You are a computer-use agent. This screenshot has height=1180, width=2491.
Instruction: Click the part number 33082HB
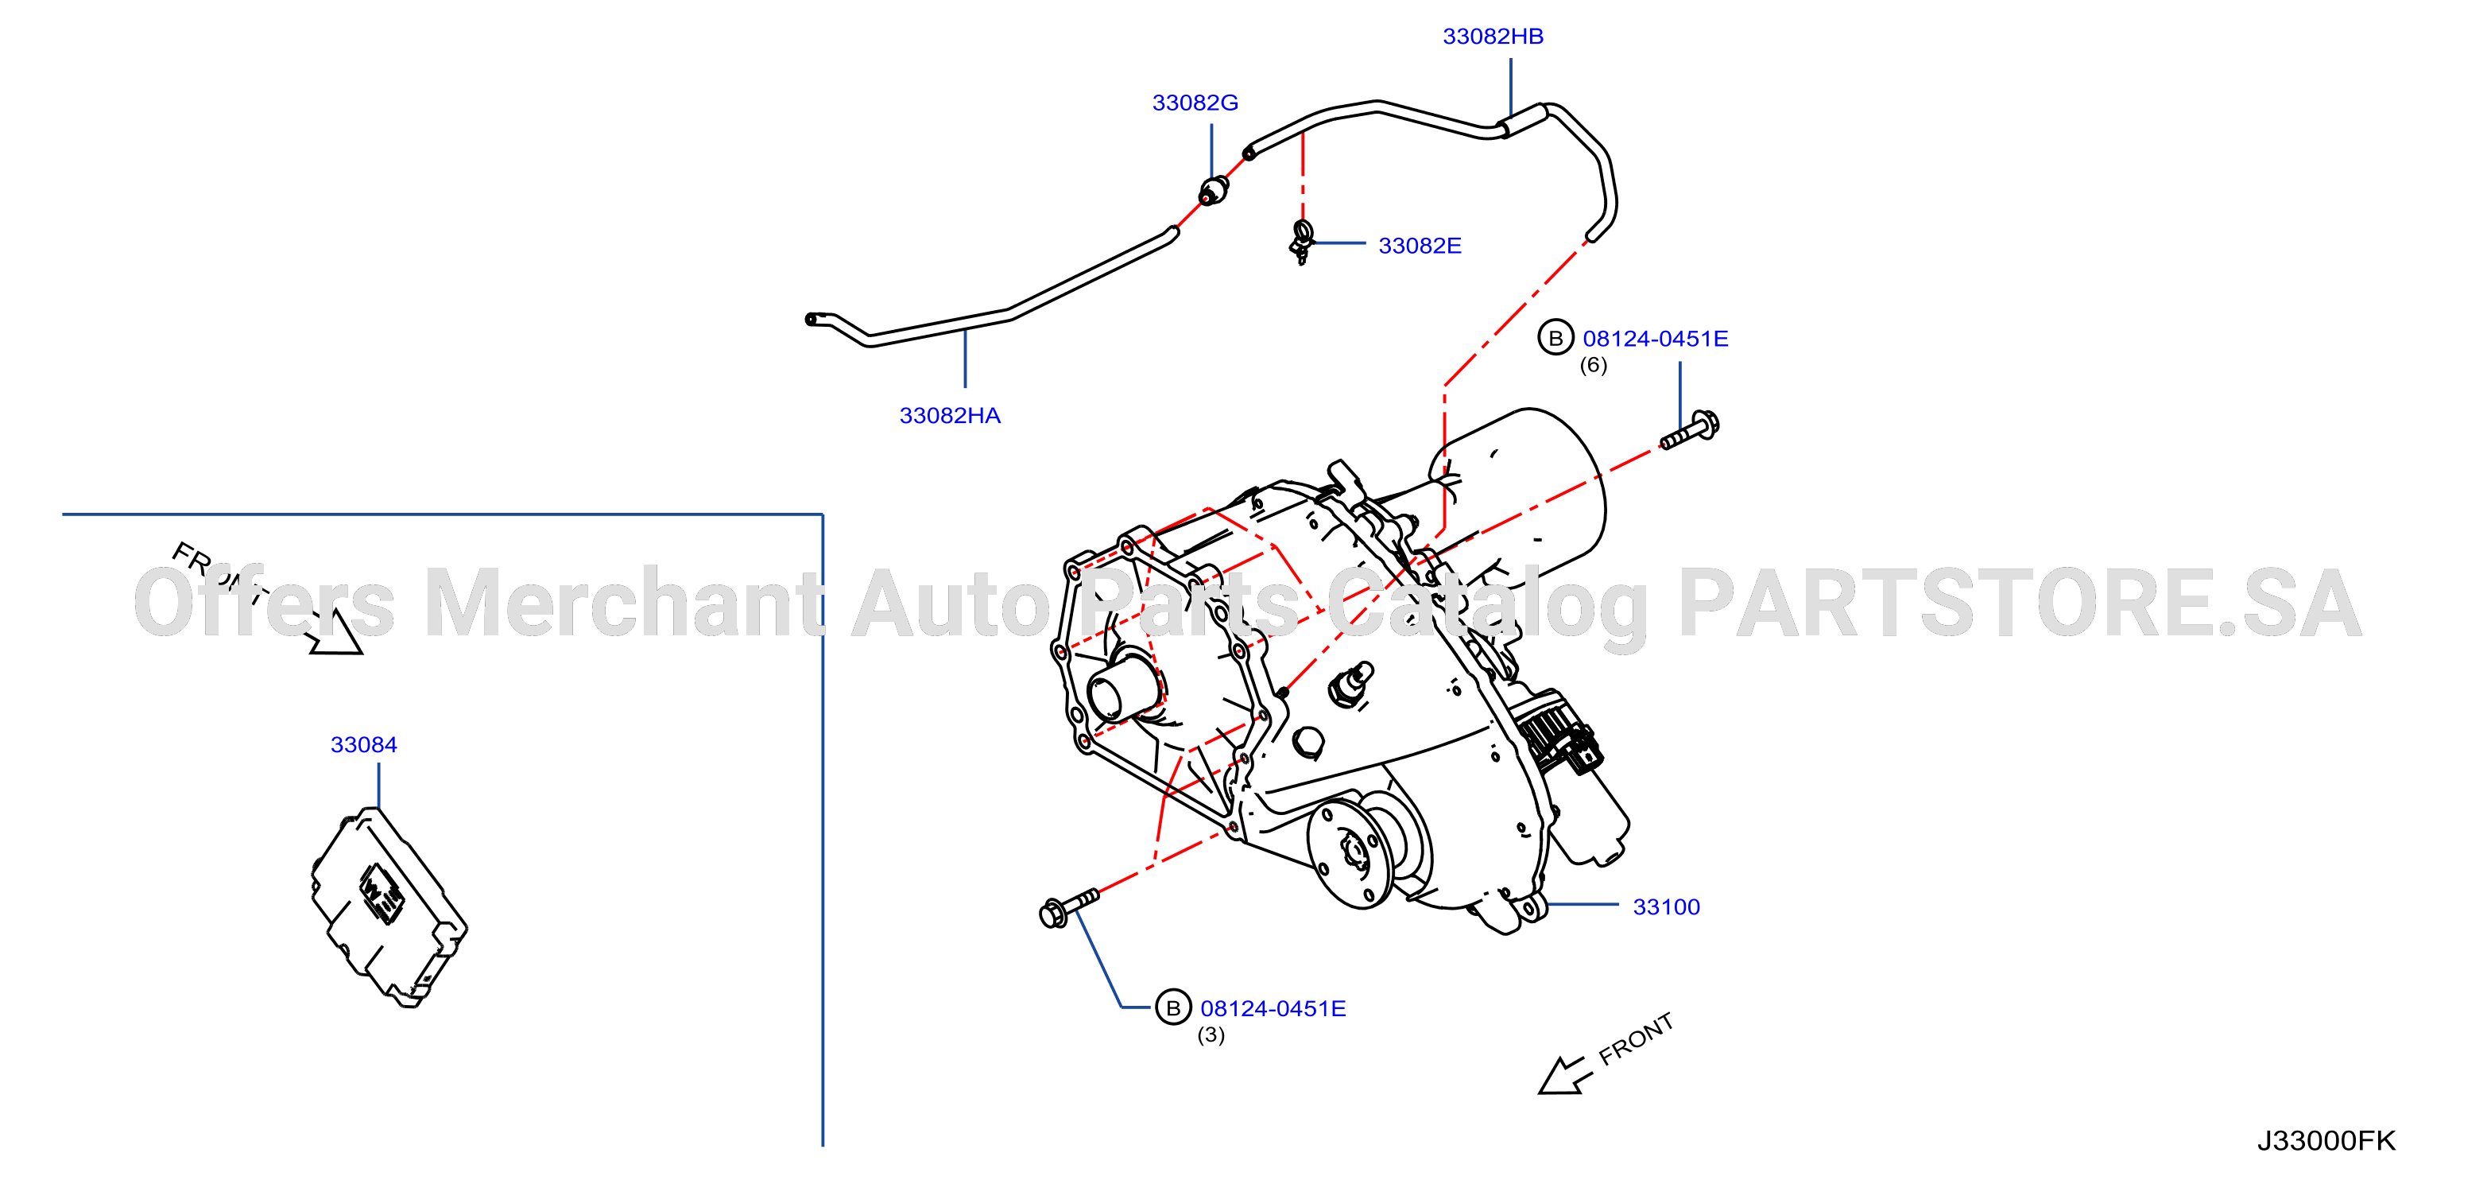pos(1493,37)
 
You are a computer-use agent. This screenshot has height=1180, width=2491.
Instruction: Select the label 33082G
pos(1195,103)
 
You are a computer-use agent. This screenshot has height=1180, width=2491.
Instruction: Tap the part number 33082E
pos(1420,246)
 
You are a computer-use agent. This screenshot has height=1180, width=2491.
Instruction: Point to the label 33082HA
pos(950,416)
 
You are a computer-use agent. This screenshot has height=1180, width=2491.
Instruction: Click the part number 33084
pos(363,745)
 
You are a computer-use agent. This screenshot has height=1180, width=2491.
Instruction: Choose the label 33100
pos(1666,907)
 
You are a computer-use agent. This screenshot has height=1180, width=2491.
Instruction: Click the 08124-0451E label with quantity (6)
pos(1656,339)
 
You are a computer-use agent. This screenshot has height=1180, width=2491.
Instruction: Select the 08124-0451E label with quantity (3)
pos(1273,1009)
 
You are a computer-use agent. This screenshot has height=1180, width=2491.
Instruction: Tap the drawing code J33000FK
pos(2326,1141)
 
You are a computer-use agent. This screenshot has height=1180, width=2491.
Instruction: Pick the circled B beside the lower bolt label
pos(1173,1007)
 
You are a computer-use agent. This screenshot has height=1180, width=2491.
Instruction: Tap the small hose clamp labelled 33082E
pos(1302,242)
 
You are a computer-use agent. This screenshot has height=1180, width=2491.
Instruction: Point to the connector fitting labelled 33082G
pos(1214,191)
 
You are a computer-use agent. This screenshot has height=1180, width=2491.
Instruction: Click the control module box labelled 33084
pos(389,907)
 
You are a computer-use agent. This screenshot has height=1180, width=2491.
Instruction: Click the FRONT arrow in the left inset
pos(334,633)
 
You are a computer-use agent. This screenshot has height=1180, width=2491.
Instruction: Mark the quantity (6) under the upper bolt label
pos(1594,366)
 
